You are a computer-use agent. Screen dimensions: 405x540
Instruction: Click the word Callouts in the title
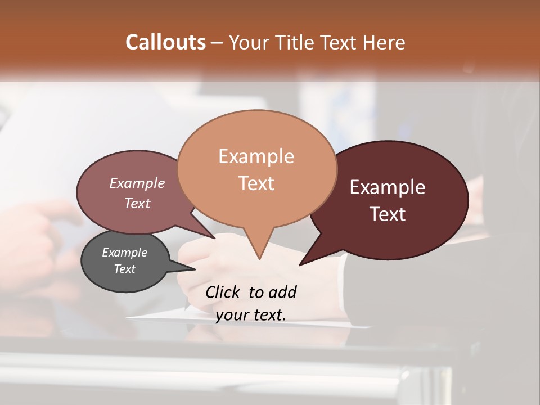click(x=165, y=42)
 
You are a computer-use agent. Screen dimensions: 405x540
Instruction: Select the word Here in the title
click(x=385, y=42)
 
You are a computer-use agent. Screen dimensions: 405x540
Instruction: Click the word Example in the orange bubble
click(x=256, y=156)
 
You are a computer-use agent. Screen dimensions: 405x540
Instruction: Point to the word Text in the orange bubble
click(x=256, y=183)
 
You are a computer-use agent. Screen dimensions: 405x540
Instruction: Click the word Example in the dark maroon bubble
click(x=388, y=187)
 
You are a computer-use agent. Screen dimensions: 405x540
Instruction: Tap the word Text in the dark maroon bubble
click(x=388, y=214)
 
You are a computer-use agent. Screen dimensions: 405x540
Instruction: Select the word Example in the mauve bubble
click(x=137, y=183)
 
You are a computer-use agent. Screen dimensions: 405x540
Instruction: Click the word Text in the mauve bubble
click(x=137, y=203)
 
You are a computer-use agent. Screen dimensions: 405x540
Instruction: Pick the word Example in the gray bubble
click(x=124, y=253)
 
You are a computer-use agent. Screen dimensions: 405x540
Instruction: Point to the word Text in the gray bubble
click(x=124, y=269)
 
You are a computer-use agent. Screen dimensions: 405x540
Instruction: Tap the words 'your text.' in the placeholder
click(x=251, y=315)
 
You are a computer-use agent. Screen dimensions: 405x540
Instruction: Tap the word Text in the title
click(x=340, y=42)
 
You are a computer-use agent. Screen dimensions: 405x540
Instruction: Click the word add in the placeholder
click(x=282, y=292)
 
